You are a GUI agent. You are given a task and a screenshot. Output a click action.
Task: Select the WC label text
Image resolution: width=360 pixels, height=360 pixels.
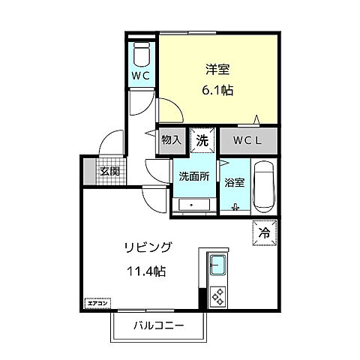[x=141, y=76]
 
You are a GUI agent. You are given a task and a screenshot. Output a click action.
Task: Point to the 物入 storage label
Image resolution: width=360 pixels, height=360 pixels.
[x=172, y=139]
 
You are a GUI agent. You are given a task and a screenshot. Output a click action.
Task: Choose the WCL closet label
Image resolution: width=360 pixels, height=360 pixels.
[x=247, y=139]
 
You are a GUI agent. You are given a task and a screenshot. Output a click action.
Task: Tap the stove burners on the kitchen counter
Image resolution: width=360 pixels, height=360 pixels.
[x=217, y=296]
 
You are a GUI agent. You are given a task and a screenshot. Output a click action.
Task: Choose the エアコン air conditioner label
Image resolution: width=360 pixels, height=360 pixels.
[x=97, y=303]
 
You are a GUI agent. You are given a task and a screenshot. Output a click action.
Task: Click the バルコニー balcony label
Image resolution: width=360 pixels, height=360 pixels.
[x=159, y=325]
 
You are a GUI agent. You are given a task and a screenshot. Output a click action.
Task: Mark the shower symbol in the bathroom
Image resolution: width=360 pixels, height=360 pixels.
[x=235, y=208]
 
